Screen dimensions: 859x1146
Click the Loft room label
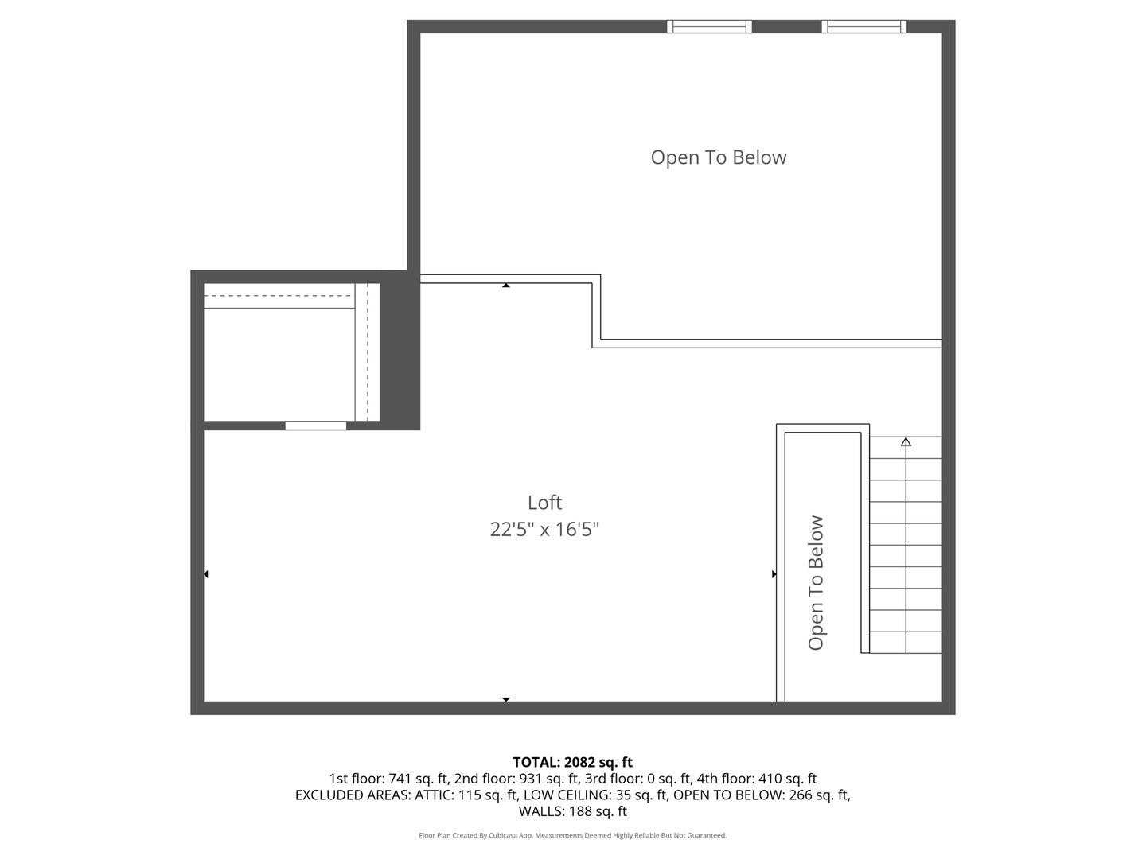click(x=544, y=503)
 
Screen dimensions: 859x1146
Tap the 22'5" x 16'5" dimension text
click(x=544, y=530)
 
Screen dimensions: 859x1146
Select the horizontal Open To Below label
click(x=719, y=157)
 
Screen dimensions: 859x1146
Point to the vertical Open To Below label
click(x=816, y=583)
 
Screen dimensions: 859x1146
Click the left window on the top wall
click(x=709, y=27)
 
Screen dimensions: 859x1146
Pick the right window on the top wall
click(x=863, y=27)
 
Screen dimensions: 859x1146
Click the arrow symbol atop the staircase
click(x=906, y=441)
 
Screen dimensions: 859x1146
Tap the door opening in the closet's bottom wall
click(x=316, y=426)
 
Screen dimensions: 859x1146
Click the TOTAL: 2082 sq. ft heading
click(x=572, y=762)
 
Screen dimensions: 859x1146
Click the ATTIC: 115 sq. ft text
click(x=466, y=795)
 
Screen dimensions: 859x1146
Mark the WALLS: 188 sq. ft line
click(x=572, y=811)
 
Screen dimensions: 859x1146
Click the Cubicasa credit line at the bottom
click(x=572, y=835)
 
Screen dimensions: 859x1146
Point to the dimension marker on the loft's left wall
click(x=206, y=574)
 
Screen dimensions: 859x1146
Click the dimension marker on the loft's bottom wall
click(x=506, y=699)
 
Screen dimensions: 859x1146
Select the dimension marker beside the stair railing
click(x=774, y=574)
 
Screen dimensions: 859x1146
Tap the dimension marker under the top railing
click(x=506, y=285)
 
